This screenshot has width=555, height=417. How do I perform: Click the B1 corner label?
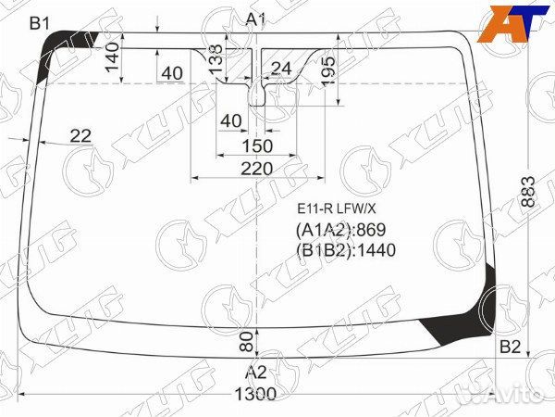click(40, 22)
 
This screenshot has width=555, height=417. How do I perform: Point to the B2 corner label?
click(511, 347)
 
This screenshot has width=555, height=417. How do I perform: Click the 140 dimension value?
click(112, 57)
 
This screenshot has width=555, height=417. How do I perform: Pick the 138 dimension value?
click(216, 60)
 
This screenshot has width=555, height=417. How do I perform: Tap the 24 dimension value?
click(281, 68)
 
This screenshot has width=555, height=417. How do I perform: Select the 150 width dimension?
click(256, 145)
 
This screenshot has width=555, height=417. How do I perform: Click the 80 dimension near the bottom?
click(246, 341)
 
